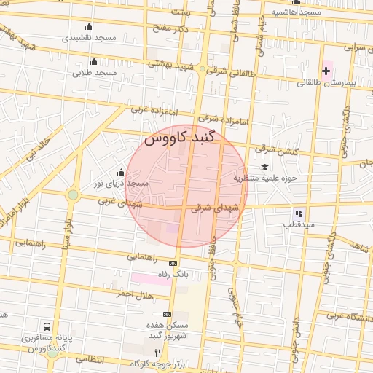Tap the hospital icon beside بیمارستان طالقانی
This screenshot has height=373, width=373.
pyautogui.click(x=326, y=71)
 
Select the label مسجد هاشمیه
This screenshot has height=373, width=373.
pyautogui.click(x=297, y=12)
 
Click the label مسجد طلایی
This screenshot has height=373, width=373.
pyautogui.click(x=101, y=74)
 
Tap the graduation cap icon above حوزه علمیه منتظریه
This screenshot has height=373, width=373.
pyautogui.click(x=265, y=167)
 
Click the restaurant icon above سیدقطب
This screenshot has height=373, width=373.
pyautogui.click(x=298, y=213)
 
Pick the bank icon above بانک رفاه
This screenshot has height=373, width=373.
pyautogui.click(x=173, y=264)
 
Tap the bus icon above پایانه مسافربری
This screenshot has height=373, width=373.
pyautogui.click(x=47, y=326)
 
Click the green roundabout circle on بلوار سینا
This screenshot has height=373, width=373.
pyautogui.click(x=73, y=195)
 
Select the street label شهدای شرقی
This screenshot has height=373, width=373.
pyautogui.click(x=215, y=208)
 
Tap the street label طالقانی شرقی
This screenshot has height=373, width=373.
pyautogui.click(x=232, y=73)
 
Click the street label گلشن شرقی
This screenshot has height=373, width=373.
pyautogui.click(x=276, y=150)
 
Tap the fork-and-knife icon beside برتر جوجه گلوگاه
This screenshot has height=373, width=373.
pyautogui.click(x=157, y=352)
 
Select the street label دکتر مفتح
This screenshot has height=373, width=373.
pyautogui.click(x=170, y=28)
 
